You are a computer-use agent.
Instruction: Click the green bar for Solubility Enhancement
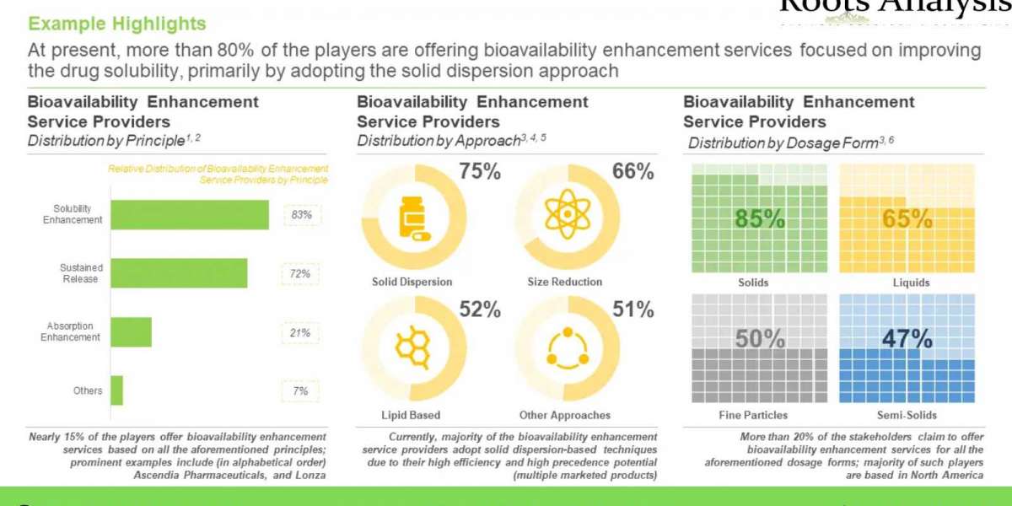click(190, 215)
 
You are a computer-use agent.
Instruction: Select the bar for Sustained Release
click(179, 273)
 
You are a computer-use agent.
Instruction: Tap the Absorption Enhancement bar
click(131, 332)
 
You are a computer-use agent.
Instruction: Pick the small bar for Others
click(116, 390)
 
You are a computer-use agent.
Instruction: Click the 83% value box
click(301, 215)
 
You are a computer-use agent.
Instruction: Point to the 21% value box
click(301, 333)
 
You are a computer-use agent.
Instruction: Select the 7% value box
click(301, 391)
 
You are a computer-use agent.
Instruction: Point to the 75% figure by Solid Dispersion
click(480, 173)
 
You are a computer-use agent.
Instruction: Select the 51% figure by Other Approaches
click(632, 310)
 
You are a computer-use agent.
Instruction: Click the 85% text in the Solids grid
click(759, 219)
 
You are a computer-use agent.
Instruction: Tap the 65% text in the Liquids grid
click(907, 219)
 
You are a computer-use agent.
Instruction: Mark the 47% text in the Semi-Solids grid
click(907, 339)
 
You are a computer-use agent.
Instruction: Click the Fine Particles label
click(753, 415)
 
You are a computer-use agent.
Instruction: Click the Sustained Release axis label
click(81, 273)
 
